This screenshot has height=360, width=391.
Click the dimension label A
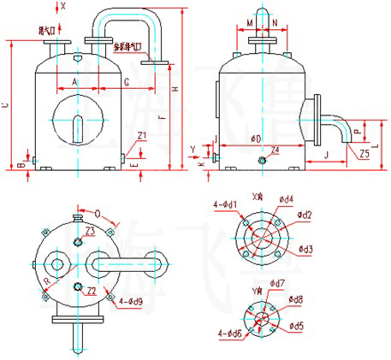coord(74,81)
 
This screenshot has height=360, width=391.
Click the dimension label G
coord(126,81)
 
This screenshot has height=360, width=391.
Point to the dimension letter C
coord(7,104)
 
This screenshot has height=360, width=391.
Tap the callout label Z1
coord(142,135)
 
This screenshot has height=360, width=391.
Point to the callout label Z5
coord(365,155)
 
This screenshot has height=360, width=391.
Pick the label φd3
coord(305,249)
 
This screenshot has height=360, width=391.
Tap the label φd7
coord(276,283)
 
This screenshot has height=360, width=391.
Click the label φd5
coord(297,325)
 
